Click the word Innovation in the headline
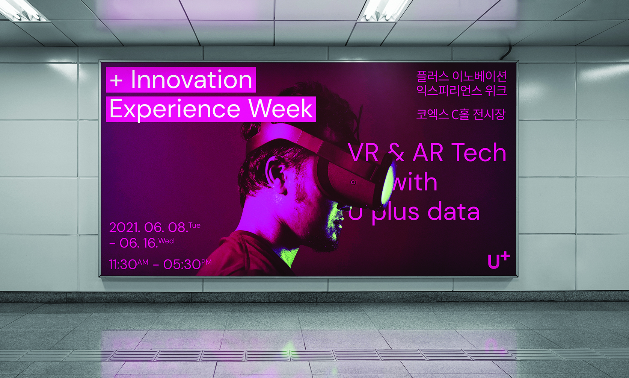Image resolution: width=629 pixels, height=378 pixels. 192,80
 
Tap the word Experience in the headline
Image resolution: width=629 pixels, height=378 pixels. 175,110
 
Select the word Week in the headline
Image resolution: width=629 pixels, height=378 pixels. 281,109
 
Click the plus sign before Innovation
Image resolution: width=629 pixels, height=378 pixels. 116,81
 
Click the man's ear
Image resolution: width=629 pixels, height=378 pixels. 275,173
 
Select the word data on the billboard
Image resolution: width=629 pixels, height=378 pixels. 453,211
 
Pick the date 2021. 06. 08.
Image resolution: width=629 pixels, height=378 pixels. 149,227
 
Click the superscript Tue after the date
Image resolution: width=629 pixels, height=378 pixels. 194,225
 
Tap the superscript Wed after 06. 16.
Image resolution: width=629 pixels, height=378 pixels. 166,241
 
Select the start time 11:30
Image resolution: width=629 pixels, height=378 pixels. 123,264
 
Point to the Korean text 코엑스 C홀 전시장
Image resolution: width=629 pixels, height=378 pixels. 461,114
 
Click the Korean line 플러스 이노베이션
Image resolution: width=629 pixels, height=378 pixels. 462,76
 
